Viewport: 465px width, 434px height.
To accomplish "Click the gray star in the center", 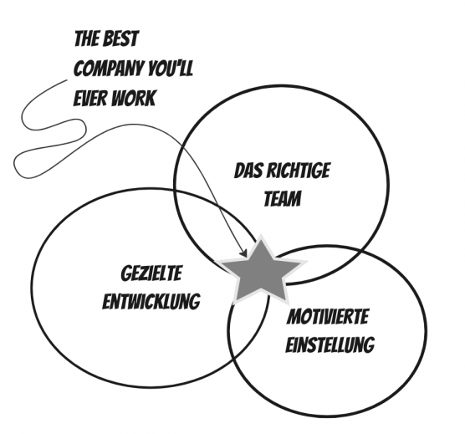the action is (x=261, y=273).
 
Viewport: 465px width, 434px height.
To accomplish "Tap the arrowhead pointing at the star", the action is (x=243, y=253).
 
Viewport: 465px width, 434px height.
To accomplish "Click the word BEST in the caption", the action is (x=122, y=38).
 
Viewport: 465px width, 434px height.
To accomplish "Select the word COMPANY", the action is (x=108, y=69).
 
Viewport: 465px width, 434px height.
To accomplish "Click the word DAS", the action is (x=248, y=171).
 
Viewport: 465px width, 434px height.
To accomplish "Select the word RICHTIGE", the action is (x=298, y=171).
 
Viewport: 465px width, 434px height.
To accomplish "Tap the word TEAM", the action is (x=283, y=198).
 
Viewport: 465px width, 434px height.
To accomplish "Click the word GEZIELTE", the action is (x=151, y=273).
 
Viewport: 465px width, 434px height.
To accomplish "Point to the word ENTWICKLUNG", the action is (x=151, y=301).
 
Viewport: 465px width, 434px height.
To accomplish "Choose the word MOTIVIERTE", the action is (x=328, y=317).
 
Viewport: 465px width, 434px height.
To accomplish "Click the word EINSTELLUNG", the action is (x=330, y=345).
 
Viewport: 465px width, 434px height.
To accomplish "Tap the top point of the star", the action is (x=261, y=236).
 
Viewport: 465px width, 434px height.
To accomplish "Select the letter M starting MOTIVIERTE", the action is (x=294, y=317).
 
